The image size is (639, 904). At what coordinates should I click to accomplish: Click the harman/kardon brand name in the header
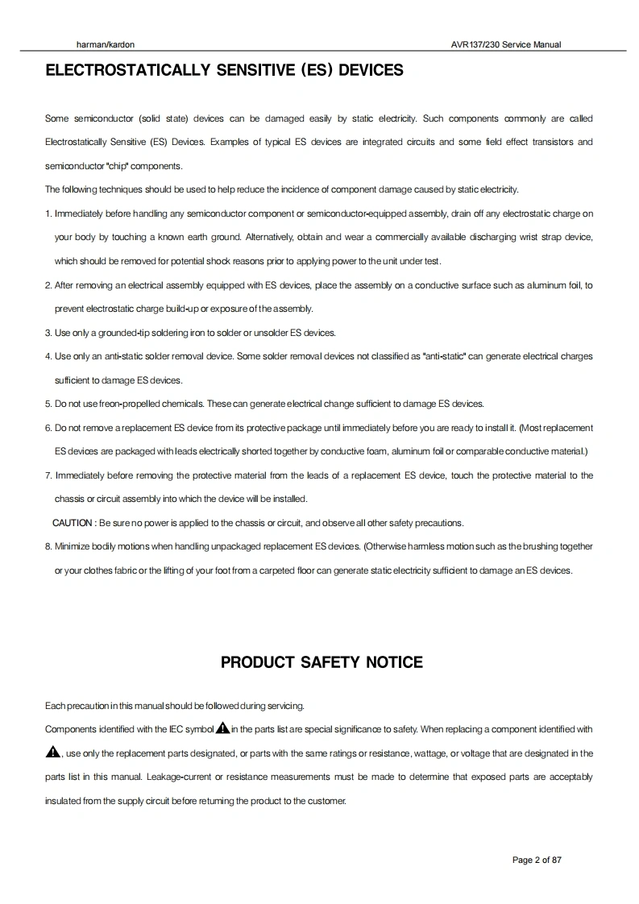point(99,44)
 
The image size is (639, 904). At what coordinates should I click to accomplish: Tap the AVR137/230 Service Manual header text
point(506,44)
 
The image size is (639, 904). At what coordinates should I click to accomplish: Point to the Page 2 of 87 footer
point(537,860)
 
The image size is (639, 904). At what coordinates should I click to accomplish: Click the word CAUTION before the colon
point(73,523)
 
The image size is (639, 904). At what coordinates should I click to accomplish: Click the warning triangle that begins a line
point(53,753)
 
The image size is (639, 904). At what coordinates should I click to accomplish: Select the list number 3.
point(48,333)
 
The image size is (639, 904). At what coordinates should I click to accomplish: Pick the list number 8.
point(48,546)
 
